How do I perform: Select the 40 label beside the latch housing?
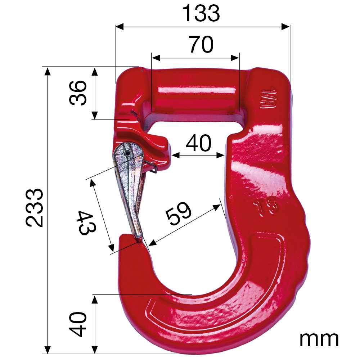click(x=198, y=144)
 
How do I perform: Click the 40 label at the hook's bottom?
click(x=78, y=324)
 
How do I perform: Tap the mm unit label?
click(x=319, y=339)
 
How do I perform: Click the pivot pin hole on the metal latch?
click(x=128, y=153)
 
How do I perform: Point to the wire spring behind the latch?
click(x=151, y=166)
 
